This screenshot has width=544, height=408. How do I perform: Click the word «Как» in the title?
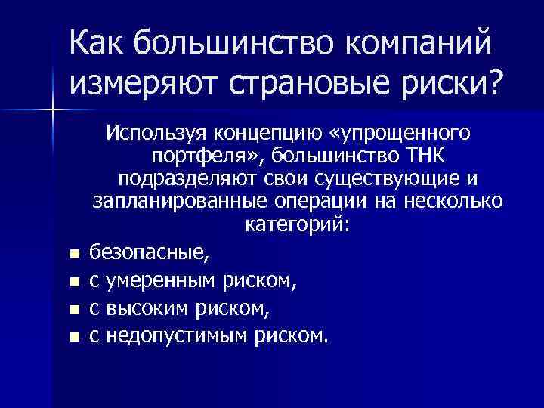tap(95, 43)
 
